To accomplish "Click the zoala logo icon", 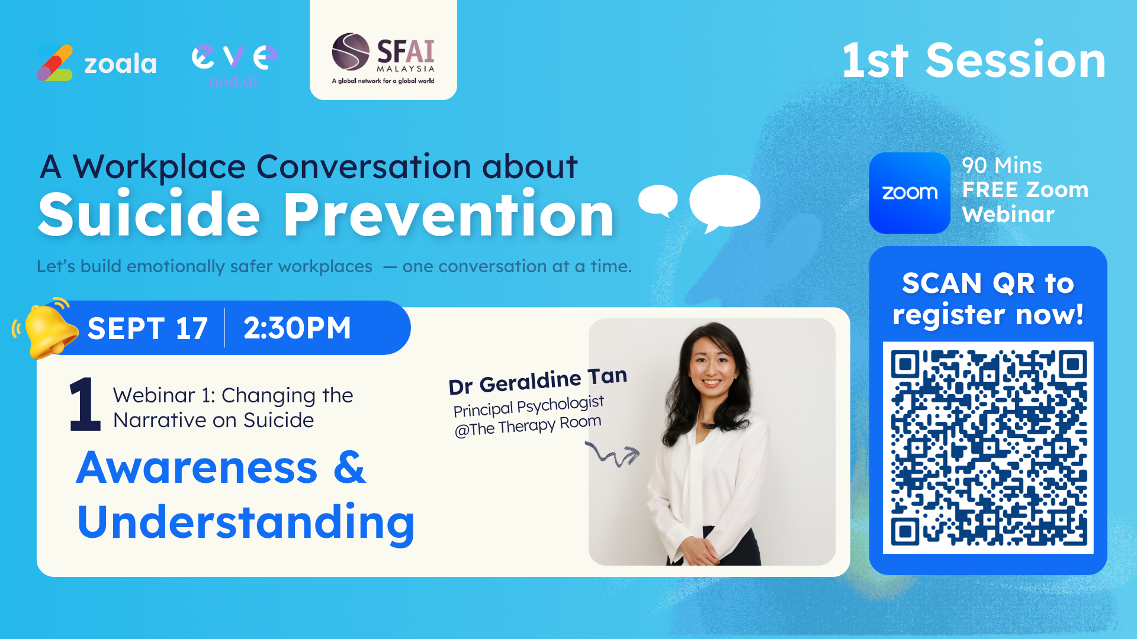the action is [54, 63].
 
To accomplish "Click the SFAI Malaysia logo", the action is [383, 58].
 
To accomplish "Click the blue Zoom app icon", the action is [910, 193].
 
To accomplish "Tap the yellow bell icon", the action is [47, 328].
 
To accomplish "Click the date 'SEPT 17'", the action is [147, 328].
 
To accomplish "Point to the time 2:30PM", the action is [297, 328].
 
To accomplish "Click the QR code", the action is [988, 447].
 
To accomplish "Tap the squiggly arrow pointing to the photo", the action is [613, 454].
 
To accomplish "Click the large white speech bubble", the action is [725, 203].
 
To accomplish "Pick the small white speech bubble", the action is [658, 200].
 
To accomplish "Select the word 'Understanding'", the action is [246, 522].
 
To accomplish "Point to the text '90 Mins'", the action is [1002, 165].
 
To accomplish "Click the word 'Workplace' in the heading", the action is [159, 167].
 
